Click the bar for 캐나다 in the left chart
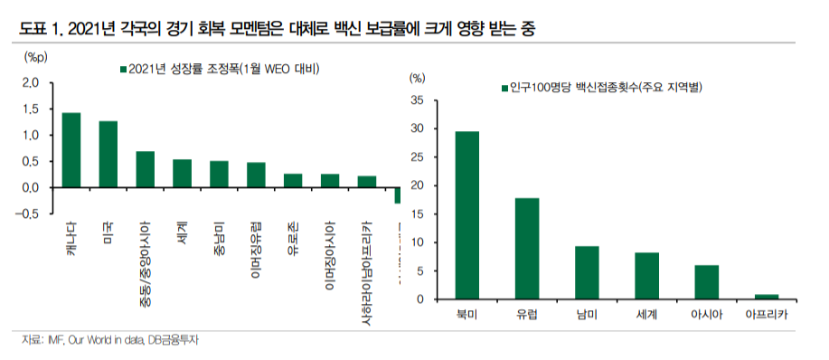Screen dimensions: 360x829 (x=71, y=150)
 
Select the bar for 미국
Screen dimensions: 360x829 (x=108, y=155)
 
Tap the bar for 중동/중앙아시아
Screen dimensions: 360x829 (x=146, y=169)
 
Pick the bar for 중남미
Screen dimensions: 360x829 (x=219, y=174)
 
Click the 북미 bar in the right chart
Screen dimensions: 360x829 (x=467, y=215)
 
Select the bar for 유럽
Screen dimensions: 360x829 (x=527, y=249)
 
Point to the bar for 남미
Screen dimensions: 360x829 (x=587, y=272)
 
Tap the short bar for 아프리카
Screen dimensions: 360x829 (x=767, y=296)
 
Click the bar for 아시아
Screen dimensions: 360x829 (x=706, y=282)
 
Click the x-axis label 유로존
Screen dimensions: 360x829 (x=292, y=239)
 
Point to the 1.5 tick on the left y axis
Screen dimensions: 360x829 (x=32, y=109)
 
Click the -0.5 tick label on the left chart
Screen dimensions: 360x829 (x=29, y=213)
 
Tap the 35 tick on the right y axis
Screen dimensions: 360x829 (x=417, y=100)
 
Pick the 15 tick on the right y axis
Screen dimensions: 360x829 (x=417, y=214)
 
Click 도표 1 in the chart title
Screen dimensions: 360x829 (x=33, y=29)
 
